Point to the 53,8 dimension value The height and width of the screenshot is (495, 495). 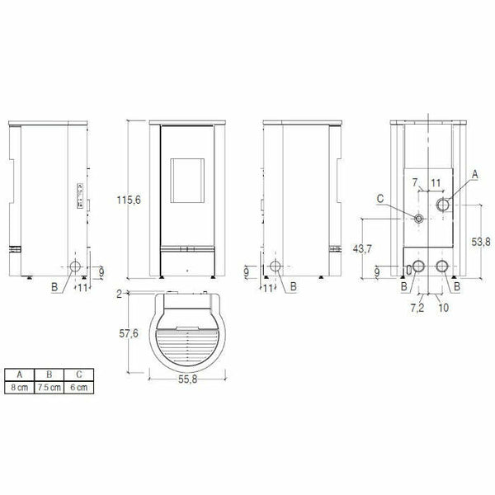481,241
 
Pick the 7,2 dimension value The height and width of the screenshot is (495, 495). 416,307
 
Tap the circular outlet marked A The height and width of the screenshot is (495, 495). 444,205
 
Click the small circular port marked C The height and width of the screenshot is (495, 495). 420,219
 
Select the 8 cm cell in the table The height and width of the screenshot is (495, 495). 19,387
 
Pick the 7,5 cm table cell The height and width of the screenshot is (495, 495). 50,387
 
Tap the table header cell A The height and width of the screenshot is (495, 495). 19,375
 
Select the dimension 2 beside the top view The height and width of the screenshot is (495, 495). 120,294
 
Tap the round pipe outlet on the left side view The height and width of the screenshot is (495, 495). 75,267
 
